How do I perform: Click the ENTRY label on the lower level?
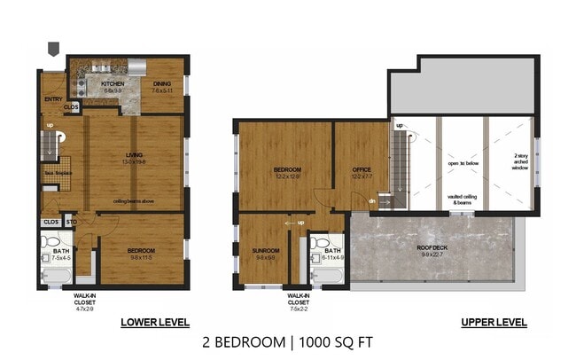tap(52, 100)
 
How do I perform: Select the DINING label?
tap(162, 85)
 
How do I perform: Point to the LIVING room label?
tap(134, 157)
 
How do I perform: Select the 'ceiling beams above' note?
tap(134, 201)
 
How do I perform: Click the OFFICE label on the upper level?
tap(362, 169)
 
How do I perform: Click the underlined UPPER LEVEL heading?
tap(494, 323)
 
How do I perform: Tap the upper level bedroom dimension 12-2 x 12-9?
tap(287, 176)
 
